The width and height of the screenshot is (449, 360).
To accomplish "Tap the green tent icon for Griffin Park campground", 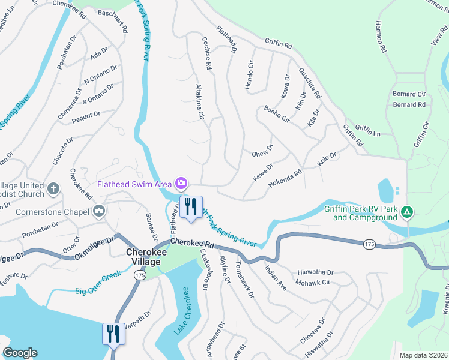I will pos(407,211).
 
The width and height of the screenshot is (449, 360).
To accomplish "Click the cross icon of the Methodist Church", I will pos(53,189).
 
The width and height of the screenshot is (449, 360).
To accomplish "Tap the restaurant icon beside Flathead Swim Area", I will pos(191,208).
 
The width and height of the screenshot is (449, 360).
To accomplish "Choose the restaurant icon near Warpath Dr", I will pos(113,334).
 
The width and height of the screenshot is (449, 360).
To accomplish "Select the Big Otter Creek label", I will pos(98,292).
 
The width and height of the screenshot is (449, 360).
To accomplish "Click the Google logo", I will pos(20,353).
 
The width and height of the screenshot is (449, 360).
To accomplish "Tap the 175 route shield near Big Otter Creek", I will pos(139,275).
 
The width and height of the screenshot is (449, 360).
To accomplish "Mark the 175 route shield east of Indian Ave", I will pos(370,243).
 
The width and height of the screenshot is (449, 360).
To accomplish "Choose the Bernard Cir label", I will pos(409,94).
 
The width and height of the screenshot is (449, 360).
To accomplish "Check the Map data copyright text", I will pos(423,355).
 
